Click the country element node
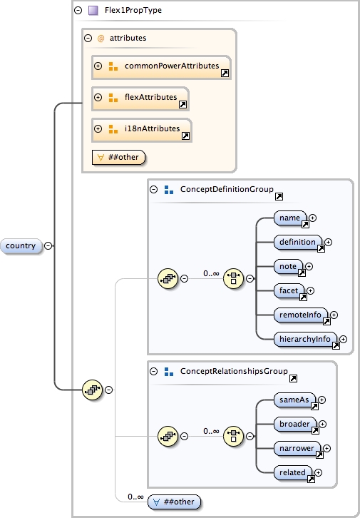[x=21, y=245]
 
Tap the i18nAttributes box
[x=142, y=129]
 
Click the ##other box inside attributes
[x=119, y=156]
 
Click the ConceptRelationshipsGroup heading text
[x=233, y=372]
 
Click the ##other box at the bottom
[x=174, y=502]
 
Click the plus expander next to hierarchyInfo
[x=344, y=340]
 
